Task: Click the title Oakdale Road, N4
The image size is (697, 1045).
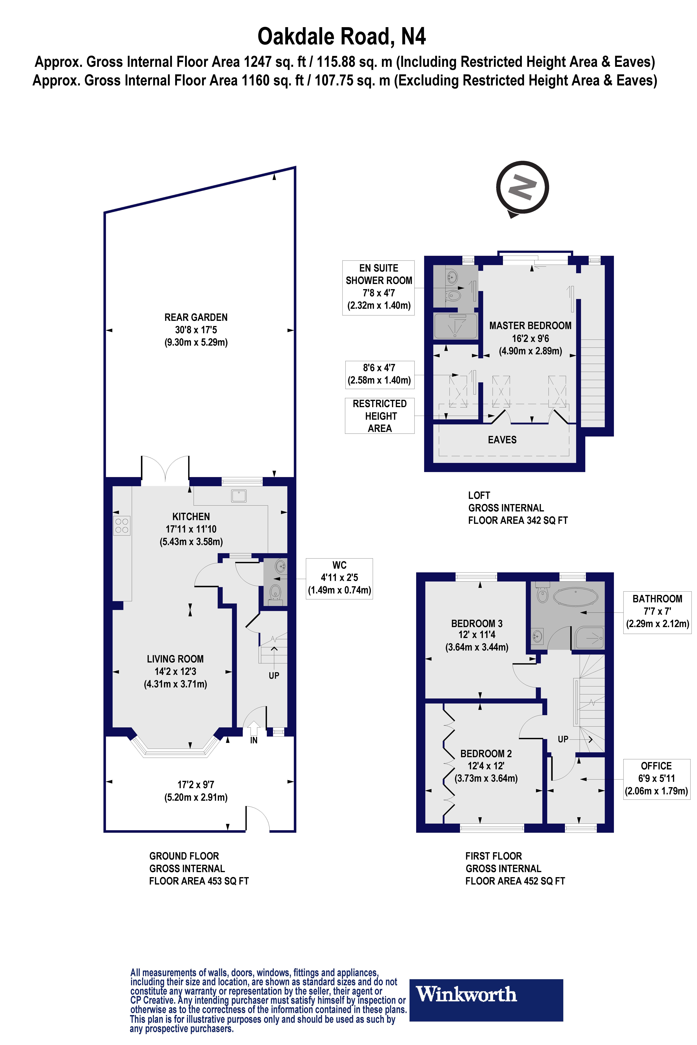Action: [341, 36]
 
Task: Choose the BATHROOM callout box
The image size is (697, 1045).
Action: [657, 611]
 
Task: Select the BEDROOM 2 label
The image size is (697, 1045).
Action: [486, 754]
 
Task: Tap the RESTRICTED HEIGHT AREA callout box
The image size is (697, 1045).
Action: [380, 416]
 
